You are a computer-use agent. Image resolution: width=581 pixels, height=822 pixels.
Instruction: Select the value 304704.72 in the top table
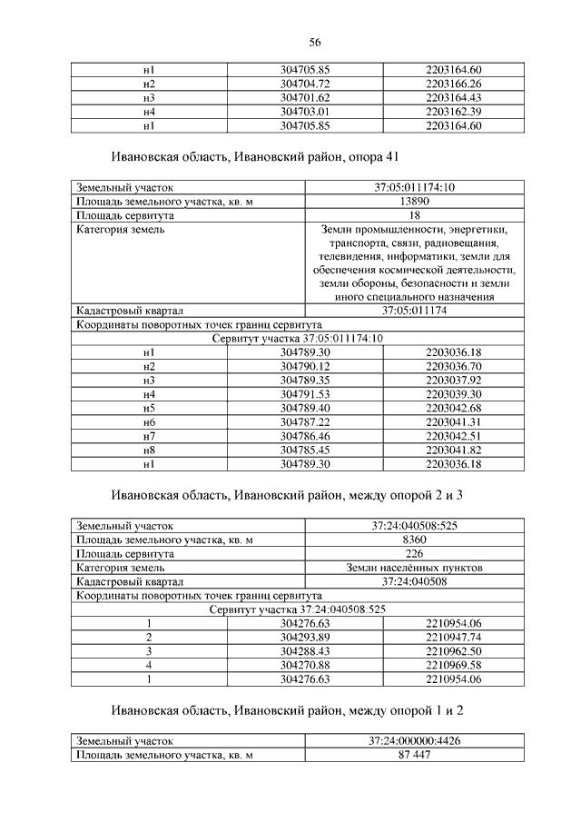304,83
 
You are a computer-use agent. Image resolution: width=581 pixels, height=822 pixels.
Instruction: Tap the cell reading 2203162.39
452,111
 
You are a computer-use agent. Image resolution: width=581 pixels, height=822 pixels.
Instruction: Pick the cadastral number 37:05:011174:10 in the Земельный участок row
413,188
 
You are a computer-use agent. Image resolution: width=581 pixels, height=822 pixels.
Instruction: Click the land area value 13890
413,202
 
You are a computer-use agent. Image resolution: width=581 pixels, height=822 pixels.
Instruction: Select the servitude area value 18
413,215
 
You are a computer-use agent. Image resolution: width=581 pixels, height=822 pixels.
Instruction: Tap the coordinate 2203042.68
452,408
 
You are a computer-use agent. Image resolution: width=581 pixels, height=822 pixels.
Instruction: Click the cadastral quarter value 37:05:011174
413,310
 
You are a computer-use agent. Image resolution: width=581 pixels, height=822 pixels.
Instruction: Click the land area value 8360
413,540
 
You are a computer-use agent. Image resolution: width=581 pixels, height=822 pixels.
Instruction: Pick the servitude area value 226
413,553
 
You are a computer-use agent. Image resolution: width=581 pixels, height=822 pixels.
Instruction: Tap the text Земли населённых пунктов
413,568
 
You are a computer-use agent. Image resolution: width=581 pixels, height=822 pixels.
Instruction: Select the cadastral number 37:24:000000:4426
413,741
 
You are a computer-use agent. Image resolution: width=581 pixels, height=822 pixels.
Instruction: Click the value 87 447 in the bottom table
413,755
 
